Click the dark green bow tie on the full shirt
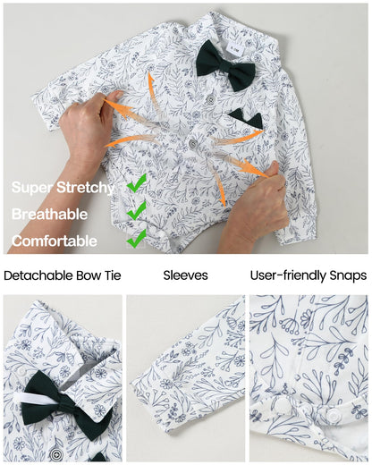click(225, 65)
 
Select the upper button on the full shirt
click(211, 100)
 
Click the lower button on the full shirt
click(194, 144)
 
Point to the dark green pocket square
click(247, 119)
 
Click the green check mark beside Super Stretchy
click(137, 183)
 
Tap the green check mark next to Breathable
click(137, 211)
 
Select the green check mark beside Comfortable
click(137, 239)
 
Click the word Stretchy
click(86, 188)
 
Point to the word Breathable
click(50, 214)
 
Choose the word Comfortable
click(55, 241)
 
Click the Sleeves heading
click(185, 275)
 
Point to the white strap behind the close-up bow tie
click(37, 398)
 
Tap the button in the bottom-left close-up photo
click(55, 454)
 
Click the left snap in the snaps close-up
click(282, 405)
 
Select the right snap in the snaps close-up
click(333, 414)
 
